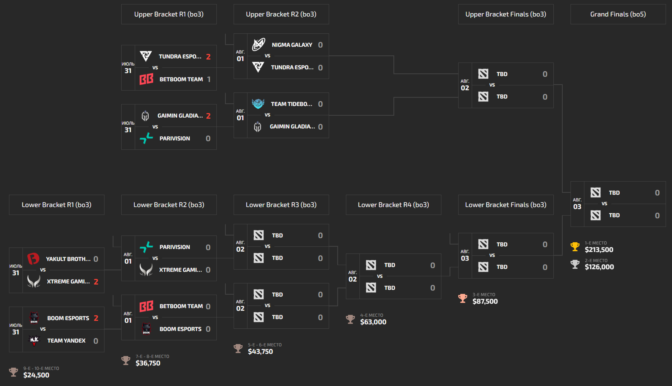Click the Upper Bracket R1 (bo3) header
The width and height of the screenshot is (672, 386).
coord(169,14)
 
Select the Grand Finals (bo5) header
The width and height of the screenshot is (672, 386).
coord(618,14)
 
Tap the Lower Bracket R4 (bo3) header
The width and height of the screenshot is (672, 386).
coord(393,205)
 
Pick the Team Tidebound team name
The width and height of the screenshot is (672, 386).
coord(291,104)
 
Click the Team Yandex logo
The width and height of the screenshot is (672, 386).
coord(34,340)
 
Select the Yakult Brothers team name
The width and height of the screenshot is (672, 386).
coord(68,259)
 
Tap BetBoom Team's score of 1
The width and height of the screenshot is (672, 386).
coord(209,79)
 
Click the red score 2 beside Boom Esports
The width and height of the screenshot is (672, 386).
coord(96,318)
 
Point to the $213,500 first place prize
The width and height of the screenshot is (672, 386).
coord(599,250)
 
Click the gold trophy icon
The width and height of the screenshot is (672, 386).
coord(575,247)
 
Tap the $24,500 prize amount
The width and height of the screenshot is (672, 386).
coord(36,375)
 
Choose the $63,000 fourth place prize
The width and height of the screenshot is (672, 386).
coord(373,322)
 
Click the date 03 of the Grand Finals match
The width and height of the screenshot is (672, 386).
coord(577,206)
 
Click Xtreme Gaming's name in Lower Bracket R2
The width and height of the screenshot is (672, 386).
coord(180,270)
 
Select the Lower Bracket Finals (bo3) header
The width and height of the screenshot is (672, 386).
coord(506,205)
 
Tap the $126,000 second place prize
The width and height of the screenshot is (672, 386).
coord(599,267)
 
